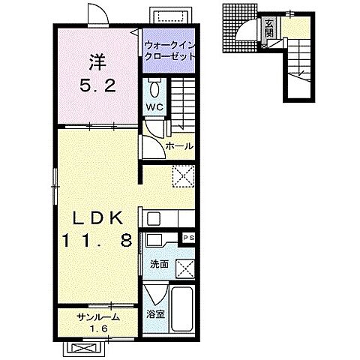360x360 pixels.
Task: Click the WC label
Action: pos(154,107)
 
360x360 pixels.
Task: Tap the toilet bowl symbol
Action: pos(154,88)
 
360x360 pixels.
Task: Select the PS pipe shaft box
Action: pos(189,238)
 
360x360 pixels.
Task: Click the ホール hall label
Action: pos(179,146)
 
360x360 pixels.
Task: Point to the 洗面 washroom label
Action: pos(159,264)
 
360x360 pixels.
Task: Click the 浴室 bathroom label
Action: pos(155,314)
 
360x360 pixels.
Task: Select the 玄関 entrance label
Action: pos(269,28)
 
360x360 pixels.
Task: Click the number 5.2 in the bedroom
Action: pos(97,85)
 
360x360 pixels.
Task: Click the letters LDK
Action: pos(97,218)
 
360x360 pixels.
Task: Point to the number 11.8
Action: pos(97,241)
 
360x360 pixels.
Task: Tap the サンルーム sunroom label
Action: pos(98,317)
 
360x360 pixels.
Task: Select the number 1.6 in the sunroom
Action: pos(99,328)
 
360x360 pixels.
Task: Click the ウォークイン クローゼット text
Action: pos(169,51)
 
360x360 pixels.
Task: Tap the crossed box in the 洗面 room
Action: pos(185,268)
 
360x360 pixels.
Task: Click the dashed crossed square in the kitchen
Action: pos(183,175)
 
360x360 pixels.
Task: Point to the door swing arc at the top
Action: pos(99,13)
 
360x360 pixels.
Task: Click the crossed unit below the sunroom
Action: pos(83,348)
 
